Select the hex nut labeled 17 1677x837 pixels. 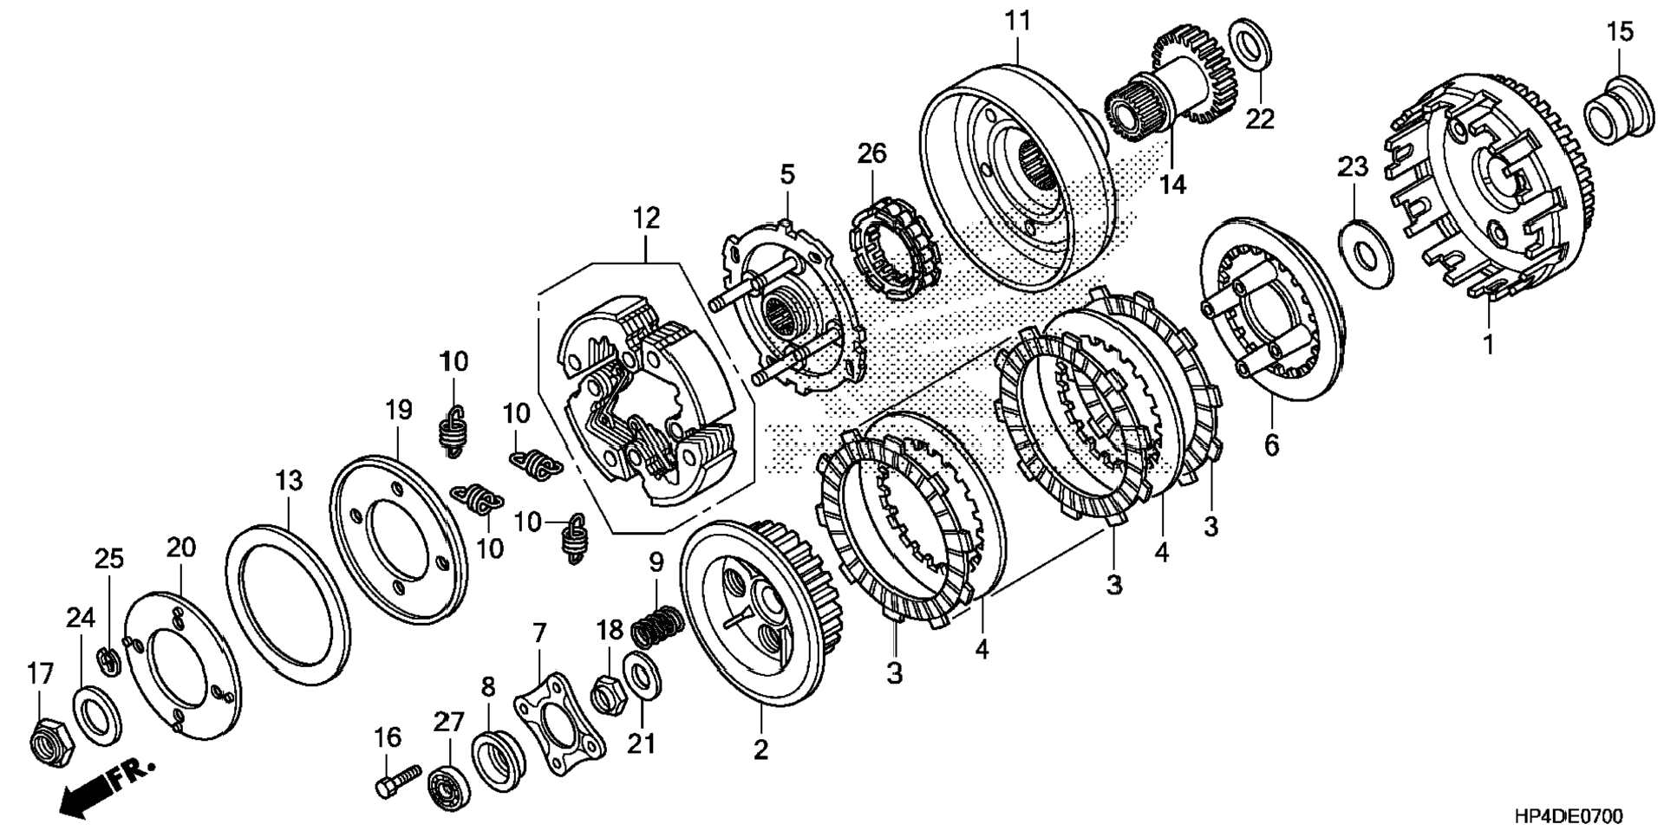(49, 738)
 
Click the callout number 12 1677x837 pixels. (646, 217)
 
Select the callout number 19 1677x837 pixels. (399, 410)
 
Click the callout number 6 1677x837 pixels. (1271, 445)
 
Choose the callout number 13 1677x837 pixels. (290, 479)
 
